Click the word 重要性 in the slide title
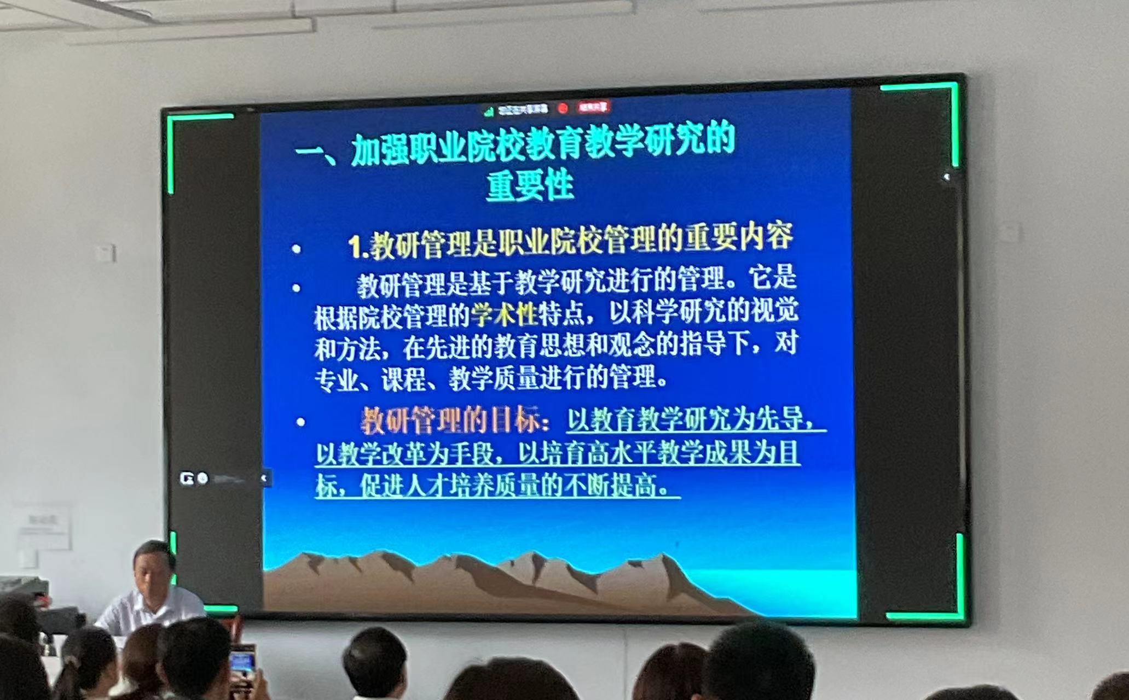(530, 186)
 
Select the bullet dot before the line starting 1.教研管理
(296, 249)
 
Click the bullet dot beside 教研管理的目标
(300, 422)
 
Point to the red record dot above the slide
(563, 108)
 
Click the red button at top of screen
(594, 107)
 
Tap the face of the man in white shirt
(150, 572)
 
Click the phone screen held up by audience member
(242, 662)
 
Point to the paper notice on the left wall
(43, 527)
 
